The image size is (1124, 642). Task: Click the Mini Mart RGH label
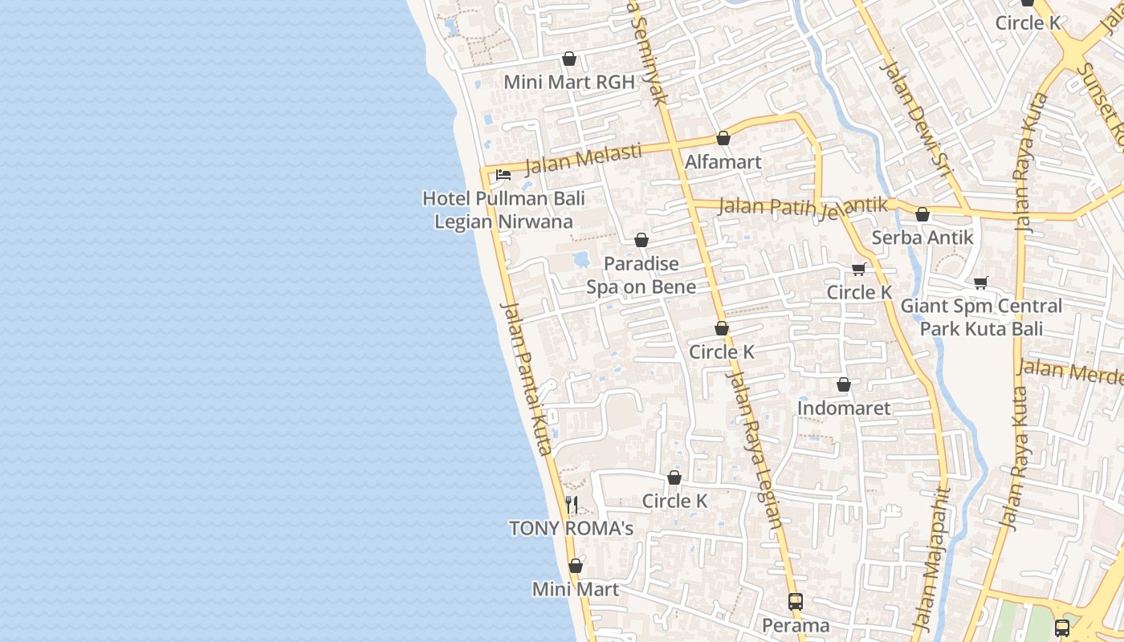(568, 82)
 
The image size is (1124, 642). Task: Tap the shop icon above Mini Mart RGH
(569, 59)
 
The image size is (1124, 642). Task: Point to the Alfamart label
(723, 162)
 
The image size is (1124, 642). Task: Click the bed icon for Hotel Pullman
(503, 174)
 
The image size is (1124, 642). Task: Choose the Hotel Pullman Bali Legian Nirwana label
(503, 209)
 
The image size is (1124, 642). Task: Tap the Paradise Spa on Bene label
(641, 275)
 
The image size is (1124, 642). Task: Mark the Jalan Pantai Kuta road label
(527, 379)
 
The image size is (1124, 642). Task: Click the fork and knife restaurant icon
(572, 505)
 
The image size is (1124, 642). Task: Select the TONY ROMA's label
(571, 528)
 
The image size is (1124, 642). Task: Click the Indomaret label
(843, 408)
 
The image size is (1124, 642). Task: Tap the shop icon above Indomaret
(844, 385)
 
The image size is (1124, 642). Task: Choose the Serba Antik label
(922, 238)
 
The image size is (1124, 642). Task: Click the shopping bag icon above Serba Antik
(922, 214)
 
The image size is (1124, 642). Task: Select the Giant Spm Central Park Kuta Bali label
(981, 318)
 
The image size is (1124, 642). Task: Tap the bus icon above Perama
(795, 602)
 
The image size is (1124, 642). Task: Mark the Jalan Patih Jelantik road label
(803, 207)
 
